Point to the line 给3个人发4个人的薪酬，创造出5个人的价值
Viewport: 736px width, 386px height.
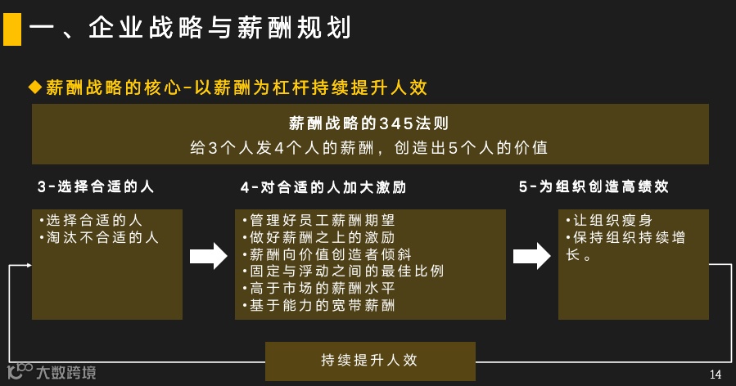pos(368,148)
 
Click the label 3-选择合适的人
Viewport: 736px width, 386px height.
pos(96,186)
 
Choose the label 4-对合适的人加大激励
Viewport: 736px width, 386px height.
pos(323,186)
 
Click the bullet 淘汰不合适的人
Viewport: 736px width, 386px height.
pos(99,238)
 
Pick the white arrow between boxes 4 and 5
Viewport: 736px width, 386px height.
pos(531,256)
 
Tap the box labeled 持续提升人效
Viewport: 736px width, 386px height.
pos(370,361)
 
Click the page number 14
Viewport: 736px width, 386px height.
pos(715,375)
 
